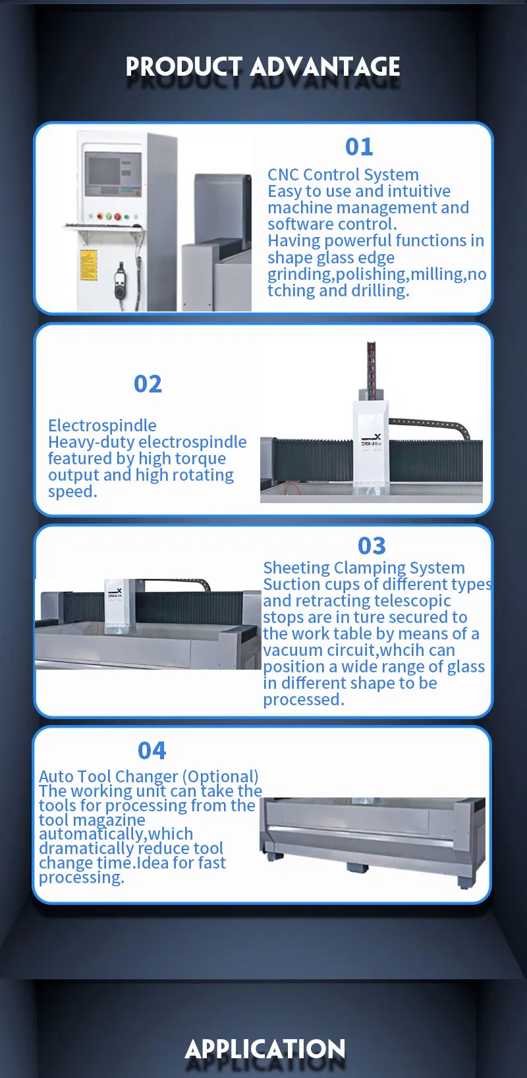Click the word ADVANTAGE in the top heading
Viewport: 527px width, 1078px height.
click(x=325, y=67)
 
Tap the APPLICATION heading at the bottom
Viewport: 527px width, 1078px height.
click(x=265, y=1049)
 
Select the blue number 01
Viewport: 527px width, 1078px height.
click(x=359, y=147)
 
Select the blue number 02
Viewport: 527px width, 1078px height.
click(x=148, y=384)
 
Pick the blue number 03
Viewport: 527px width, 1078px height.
click(x=372, y=546)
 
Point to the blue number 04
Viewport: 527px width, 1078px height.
click(x=152, y=751)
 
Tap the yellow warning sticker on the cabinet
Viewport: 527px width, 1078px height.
click(x=88, y=265)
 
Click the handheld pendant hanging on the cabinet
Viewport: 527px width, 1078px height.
click(x=120, y=280)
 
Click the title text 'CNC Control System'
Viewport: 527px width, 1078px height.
click(x=343, y=175)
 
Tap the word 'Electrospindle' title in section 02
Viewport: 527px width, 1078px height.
click(x=102, y=425)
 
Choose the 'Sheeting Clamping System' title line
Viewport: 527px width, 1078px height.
click(x=364, y=568)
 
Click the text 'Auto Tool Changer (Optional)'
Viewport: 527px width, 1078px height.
click(x=148, y=776)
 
